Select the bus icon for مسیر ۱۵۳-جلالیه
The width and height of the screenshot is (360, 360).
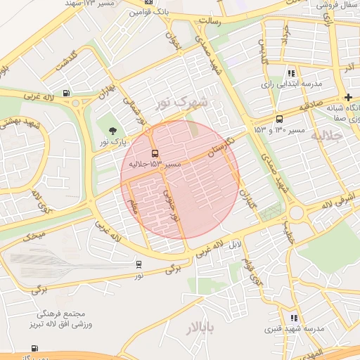pyautogui.click(x=155, y=153)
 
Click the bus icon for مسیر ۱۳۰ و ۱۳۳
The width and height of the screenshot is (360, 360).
pyautogui.click(x=280, y=119)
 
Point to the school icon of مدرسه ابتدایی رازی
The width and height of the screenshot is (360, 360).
pyautogui.click(x=291, y=73)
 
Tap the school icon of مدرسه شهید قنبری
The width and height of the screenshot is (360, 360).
pyautogui.click(x=293, y=318)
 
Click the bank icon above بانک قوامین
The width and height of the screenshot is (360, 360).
pyautogui.click(x=148, y=2)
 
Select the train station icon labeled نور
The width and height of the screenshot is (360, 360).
pyautogui.click(x=139, y=264)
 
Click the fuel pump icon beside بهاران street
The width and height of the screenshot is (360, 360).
pyautogui.click(x=66, y=92)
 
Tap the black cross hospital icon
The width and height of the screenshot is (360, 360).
pyautogui.click(x=348, y=96)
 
